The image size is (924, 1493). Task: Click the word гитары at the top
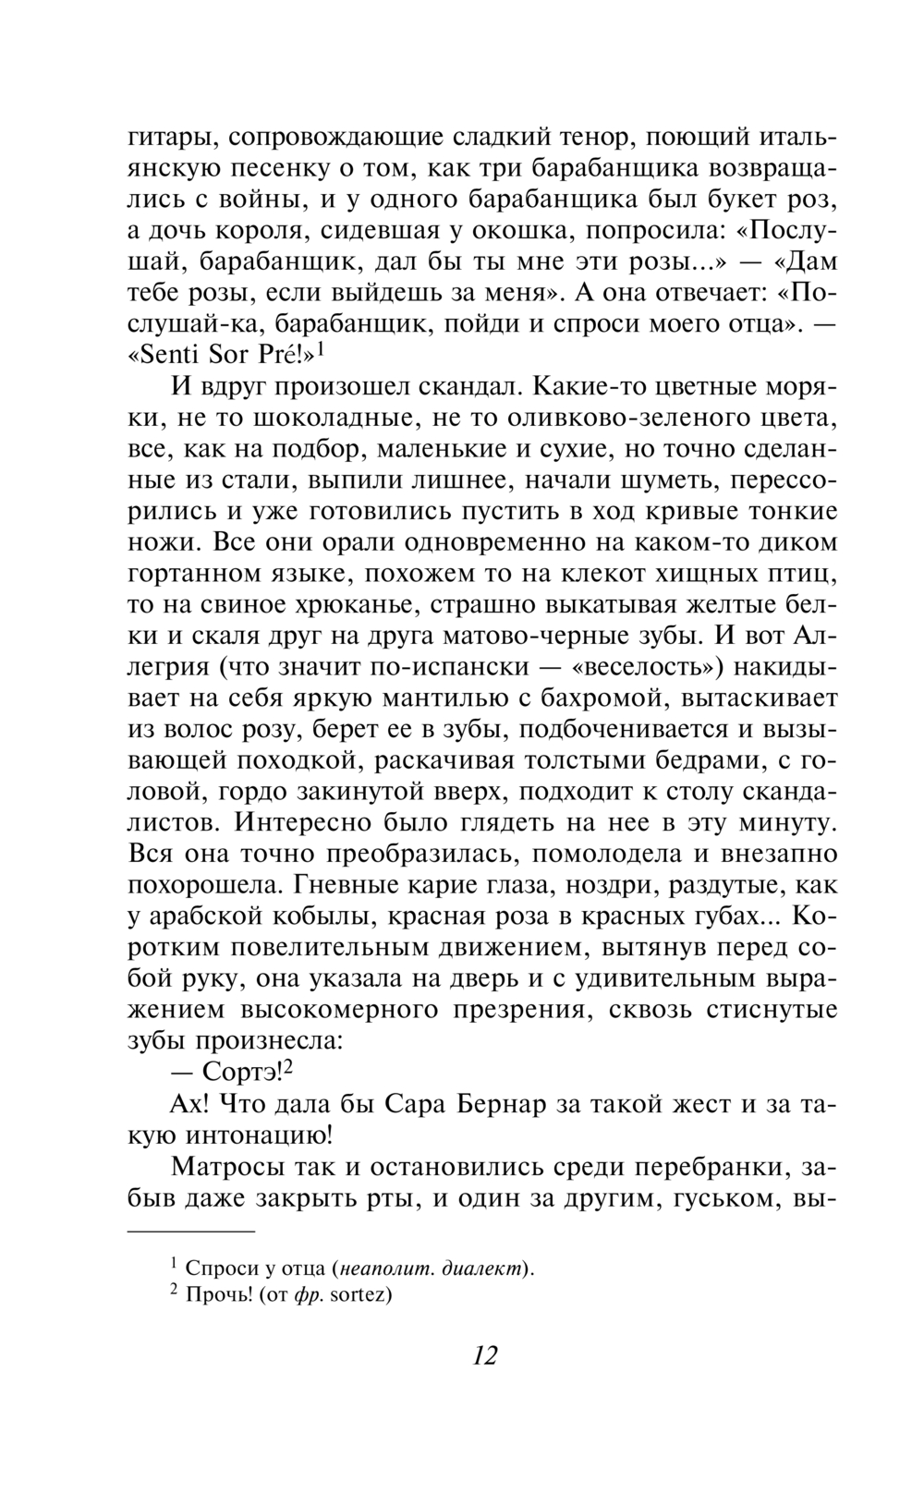(x=169, y=138)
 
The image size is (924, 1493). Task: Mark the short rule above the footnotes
(x=189, y=1232)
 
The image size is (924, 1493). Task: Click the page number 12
(x=484, y=1355)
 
